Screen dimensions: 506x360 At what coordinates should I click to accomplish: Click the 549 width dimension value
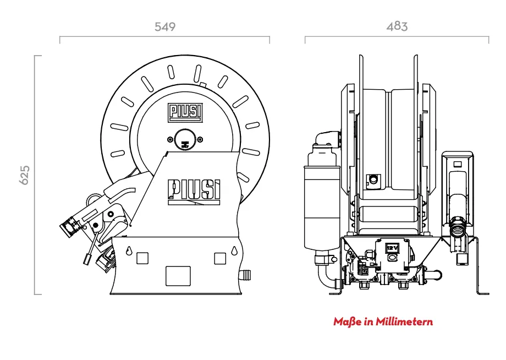(165, 26)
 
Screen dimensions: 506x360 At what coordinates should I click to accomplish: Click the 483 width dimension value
(397, 26)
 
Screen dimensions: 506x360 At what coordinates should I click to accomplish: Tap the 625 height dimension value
(25, 175)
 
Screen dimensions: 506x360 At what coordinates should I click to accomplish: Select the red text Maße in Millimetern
(383, 321)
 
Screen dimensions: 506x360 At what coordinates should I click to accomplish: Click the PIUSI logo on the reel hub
(185, 113)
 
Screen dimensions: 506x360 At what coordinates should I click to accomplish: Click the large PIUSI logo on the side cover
(194, 192)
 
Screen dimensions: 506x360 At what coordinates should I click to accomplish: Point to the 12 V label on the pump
(392, 248)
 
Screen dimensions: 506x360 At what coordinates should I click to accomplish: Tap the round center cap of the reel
(185, 140)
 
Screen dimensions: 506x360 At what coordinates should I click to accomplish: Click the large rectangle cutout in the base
(178, 276)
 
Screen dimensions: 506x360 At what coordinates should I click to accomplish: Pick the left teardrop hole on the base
(129, 250)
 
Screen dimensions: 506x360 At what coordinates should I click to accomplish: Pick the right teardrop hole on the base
(234, 250)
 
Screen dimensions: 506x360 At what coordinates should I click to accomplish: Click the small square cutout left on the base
(142, 258)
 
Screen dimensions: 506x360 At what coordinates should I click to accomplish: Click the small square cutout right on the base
(220, 258)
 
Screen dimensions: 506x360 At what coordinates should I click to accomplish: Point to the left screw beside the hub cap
(170, 140)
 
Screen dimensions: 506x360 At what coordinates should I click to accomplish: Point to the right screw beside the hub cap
(200, 140)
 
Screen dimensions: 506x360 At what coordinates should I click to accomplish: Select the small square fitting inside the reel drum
(373, 179)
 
